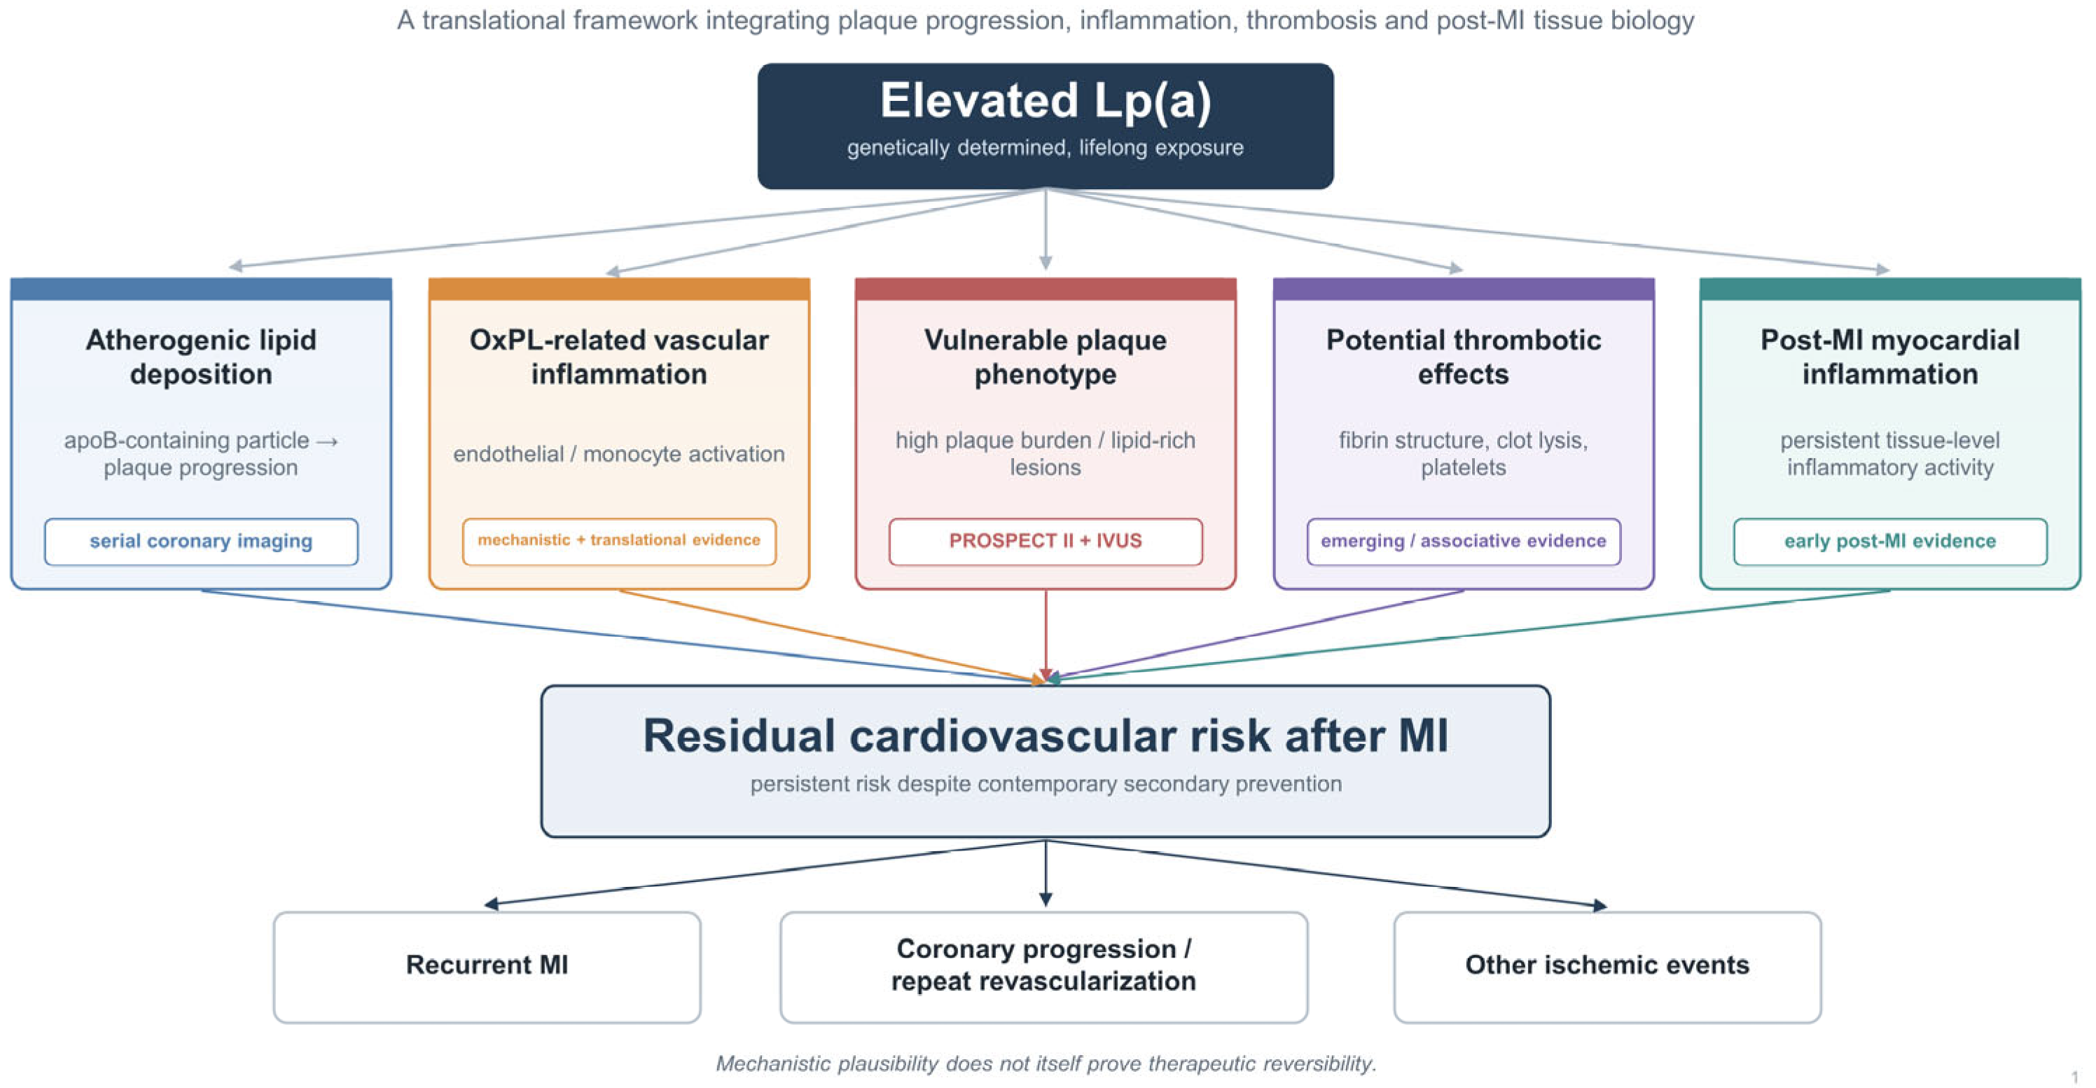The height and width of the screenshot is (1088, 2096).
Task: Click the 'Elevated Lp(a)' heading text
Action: click(x=1046, y=101)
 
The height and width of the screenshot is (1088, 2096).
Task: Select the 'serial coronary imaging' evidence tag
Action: click(x=201, y=541)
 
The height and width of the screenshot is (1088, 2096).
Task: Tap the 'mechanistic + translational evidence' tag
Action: click(x=619, y=541)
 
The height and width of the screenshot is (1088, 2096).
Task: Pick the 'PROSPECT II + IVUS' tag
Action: click(x=1046, y=541)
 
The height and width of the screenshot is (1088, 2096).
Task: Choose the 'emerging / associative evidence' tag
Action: click(x=1464, y=541)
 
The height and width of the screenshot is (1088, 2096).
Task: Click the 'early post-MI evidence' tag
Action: click(x=1890, y=541)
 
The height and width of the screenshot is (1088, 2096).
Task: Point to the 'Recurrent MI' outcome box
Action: click(x=487, y=967)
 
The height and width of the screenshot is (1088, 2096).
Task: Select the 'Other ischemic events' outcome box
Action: click(x=1607, y=967)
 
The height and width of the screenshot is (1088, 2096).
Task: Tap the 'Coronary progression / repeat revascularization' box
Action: click(x=1044, y=967)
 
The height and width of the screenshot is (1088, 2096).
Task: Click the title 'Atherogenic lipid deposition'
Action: click(x=201, y=357)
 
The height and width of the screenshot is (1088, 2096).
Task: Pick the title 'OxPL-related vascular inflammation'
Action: click(x=619, y=357)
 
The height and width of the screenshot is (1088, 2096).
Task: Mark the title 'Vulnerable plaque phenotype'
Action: click(x=1046, y=357)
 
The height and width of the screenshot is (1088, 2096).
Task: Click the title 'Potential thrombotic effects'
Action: click(x=1464, y=357)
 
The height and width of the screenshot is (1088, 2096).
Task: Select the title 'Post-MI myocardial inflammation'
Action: click(x=1890, y=357)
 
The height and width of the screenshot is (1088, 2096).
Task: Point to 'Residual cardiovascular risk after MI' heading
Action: click(x=1046, y=736)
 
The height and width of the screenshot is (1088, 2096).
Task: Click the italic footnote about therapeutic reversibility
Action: click(x=1046, y=1063)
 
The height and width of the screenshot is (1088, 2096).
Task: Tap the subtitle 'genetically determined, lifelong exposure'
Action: click(x=1046, y=147)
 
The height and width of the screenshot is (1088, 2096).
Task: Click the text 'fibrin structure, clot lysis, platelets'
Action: click(x=1464, y=453)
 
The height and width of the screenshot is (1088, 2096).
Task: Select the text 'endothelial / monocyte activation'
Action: click(x=619, y=453)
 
